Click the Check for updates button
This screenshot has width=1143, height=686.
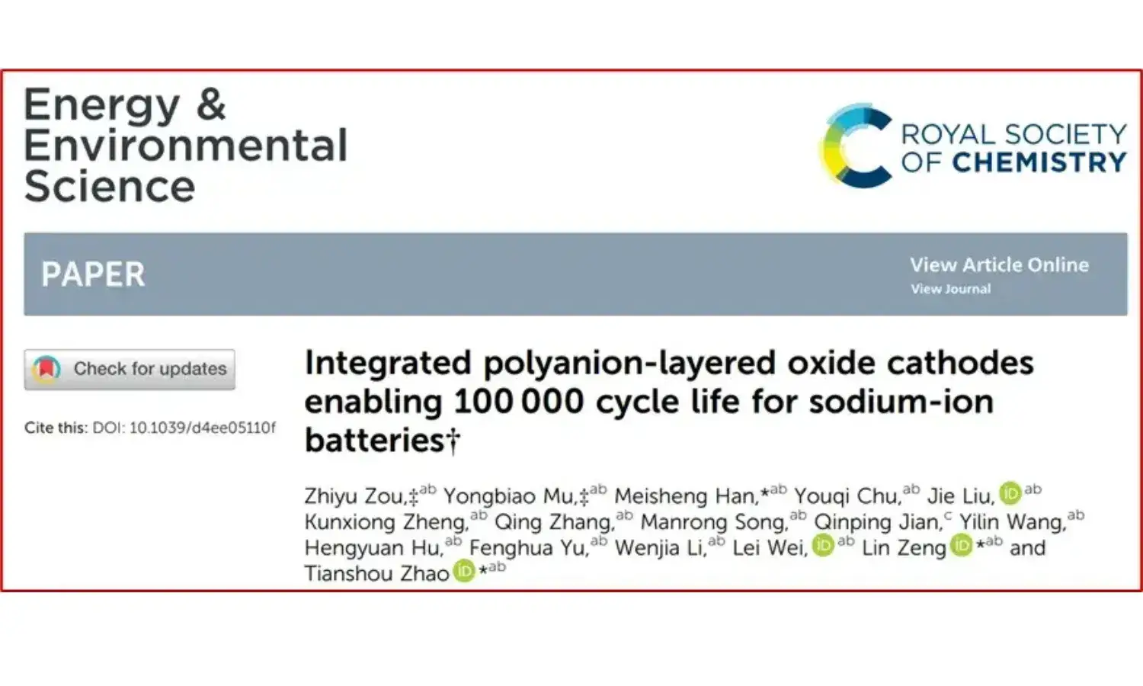130,370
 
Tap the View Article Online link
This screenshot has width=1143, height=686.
999,265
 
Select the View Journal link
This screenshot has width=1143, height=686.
950,289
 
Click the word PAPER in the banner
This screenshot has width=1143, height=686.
93,274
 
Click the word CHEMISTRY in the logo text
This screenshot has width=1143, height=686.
1039,162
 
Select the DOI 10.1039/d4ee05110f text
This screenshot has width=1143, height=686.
184,428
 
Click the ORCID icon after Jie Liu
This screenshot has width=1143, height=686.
1010,494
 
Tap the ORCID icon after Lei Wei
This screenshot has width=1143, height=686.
823,546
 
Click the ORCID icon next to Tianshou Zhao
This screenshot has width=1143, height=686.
464,571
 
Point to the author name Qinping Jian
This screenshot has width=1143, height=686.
877,522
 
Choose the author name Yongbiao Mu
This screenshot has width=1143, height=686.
509,496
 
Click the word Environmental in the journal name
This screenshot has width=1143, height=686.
186,146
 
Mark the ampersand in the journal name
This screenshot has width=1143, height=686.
211,104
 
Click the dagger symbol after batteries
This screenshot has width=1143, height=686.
453,440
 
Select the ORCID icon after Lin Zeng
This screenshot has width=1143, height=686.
962,546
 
